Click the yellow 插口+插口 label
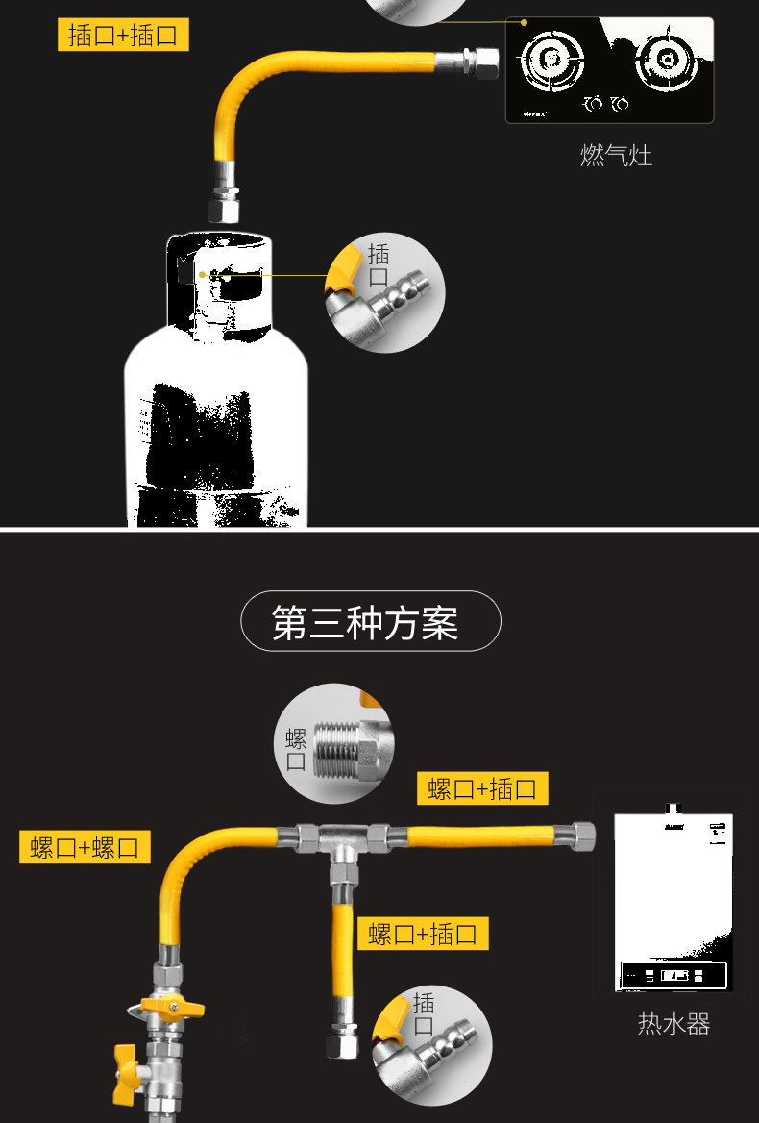point(123,36)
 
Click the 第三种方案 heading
point(370,622)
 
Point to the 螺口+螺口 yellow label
point(85,847)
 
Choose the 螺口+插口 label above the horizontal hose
point(482,788)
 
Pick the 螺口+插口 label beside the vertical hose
point(423,933)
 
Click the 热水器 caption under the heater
point(673,1024)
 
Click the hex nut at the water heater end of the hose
point(580,832)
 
